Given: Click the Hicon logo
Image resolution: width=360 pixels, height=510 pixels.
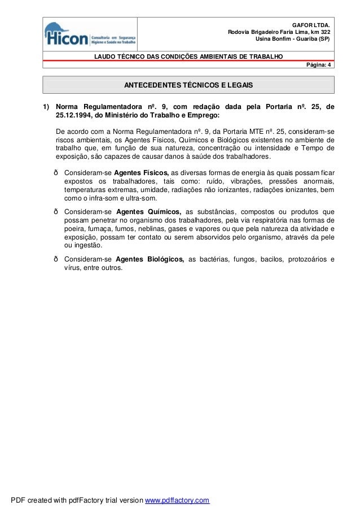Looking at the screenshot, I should (x=90, y=34).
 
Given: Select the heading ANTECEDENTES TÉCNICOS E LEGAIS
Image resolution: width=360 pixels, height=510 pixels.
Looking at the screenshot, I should (x=188, y=85).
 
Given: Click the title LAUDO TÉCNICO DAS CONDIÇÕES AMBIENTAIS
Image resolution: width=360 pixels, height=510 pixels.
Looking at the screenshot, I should (x=189, y=57).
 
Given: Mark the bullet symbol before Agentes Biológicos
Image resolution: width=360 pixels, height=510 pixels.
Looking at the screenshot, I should (x=55, y=259).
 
